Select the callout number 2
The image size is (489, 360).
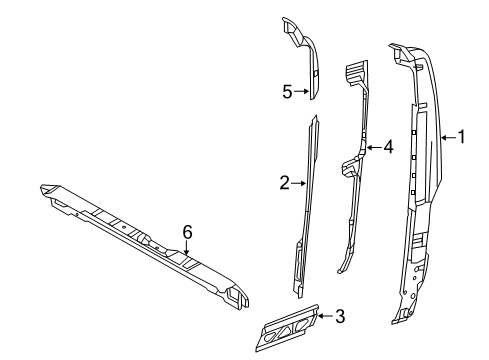[284, 182]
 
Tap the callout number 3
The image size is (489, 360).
[339, 317]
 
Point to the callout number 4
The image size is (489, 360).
[388, 147]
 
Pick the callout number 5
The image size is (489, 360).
[286, 91]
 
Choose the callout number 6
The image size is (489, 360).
[185, 231]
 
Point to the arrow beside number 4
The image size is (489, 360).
[372, 147]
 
